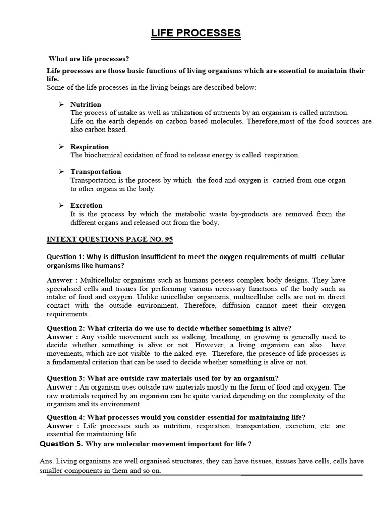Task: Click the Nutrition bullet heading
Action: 86,104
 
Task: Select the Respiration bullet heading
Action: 89,147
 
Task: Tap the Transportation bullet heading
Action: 96,171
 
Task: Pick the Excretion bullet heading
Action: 86,205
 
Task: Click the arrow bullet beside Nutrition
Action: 61,104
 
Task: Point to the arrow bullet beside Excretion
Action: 61,205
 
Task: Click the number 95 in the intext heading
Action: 168,238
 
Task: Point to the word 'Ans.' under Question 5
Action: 46,461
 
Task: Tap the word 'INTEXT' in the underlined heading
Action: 61,238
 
